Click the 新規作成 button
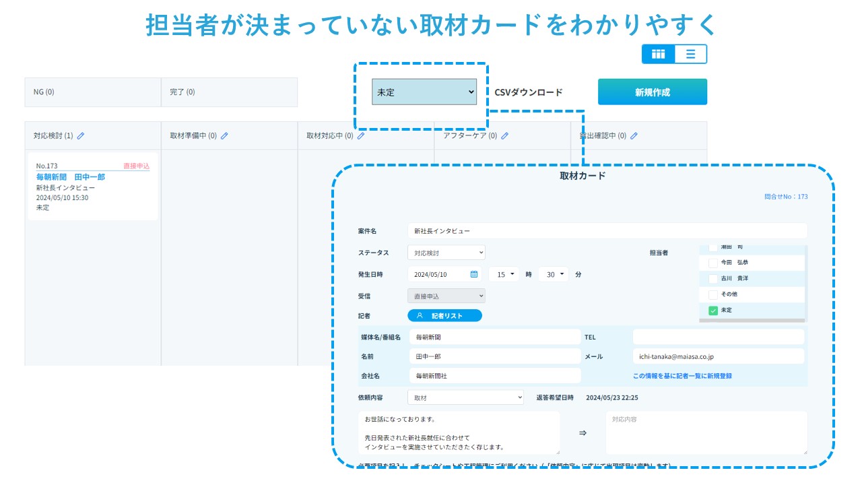coord(652,92)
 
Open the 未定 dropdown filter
coord(424,92)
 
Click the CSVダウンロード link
coord(529,92)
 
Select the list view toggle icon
coord(691,54)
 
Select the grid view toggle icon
coord(659,54)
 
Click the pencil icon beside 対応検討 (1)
coord(81,135)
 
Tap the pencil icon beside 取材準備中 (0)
coord(224,135)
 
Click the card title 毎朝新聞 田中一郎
coord(71,176)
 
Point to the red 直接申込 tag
coord(136,166)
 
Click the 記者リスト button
coord(444,315)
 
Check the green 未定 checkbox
coord(713,311)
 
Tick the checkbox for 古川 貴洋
coord(713,278)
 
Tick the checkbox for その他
coord(713,294)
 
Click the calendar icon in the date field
coord(474,274)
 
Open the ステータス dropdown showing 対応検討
coord(446,253)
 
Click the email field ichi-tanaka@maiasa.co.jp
coord(718,356)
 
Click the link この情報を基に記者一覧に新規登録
coord(682,376)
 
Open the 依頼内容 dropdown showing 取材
coord(465,397)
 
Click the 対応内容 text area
coord(706,432)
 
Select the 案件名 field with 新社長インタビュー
coord(607,231)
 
